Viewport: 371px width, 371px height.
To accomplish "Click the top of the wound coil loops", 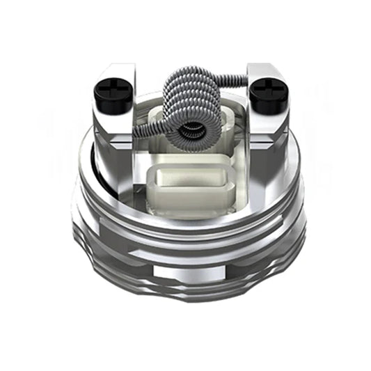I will tap(192, 80).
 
